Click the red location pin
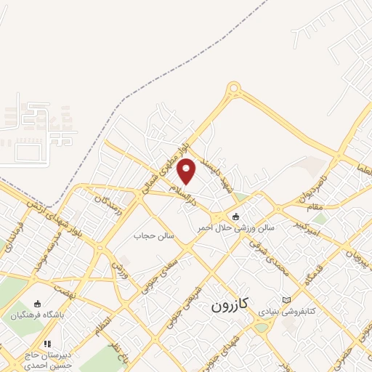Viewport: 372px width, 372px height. coord(187,170)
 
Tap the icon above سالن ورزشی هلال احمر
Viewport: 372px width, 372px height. coord(235,217)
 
